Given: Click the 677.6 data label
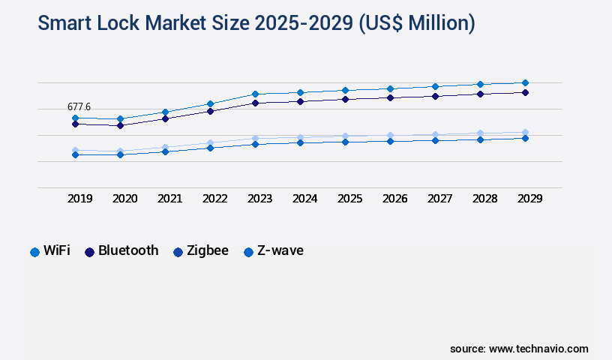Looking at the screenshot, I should coord(79,107).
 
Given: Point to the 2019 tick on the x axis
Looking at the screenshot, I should coord(79,199).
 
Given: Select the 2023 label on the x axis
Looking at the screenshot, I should coord(259,199).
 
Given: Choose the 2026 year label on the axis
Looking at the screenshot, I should coord(394,199).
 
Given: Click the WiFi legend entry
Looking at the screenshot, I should coord(50,251).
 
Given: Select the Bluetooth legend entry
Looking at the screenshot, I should coord(121,251).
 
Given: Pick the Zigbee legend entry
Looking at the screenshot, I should coord(200,251).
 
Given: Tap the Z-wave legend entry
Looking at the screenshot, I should coord(274,251).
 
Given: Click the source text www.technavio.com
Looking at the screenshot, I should coord(538,349).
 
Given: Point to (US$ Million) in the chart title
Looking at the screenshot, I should coord(416,23).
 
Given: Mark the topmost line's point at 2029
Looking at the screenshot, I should coord(525,82).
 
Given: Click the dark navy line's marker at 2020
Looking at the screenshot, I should coord(120,125).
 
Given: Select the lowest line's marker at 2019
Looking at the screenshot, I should coord(75,154).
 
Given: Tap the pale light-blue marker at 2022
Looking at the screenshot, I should coord(210,142).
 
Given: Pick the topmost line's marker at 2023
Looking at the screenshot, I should coord(255,94).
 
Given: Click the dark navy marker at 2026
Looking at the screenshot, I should coord(390,97).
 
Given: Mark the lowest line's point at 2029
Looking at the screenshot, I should coord(525,138).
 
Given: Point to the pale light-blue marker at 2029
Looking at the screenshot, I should coord(525,132).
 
